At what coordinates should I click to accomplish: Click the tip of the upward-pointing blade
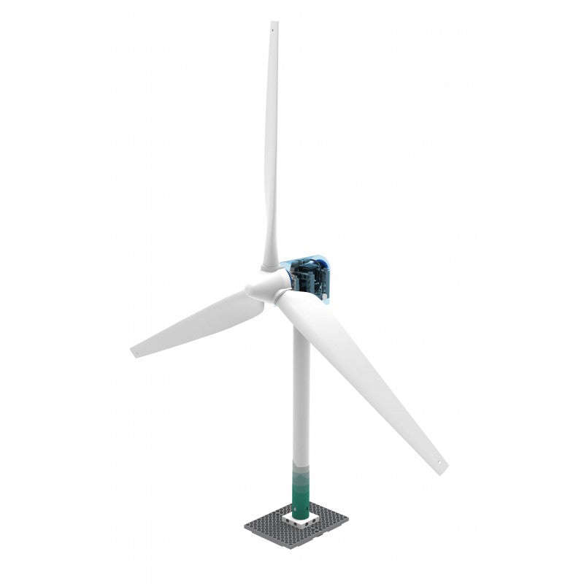click(274, 22)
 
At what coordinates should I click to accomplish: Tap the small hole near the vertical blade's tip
click(274, 30)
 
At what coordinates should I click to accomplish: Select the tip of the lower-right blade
click(443, 469)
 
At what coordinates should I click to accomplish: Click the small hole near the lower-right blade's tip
click(437, 461)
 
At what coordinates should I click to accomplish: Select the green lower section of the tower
click(301, 489)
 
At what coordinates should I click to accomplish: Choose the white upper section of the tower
click(301, 394)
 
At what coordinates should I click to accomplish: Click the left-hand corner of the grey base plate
click(245, 524)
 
